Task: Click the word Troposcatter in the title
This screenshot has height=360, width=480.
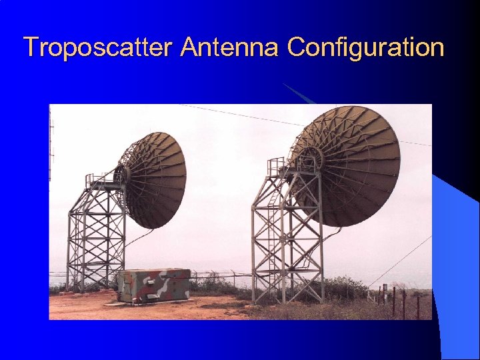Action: pos(99,48)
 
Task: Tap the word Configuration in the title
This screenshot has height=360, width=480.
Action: pos(365,48)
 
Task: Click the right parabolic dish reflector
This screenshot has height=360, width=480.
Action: pos(347,163)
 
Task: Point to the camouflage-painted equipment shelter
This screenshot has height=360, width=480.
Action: pos(154,285)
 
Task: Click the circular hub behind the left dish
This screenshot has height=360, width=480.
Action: pos(122,175)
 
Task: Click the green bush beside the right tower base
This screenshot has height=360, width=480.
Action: pos(343,287)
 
